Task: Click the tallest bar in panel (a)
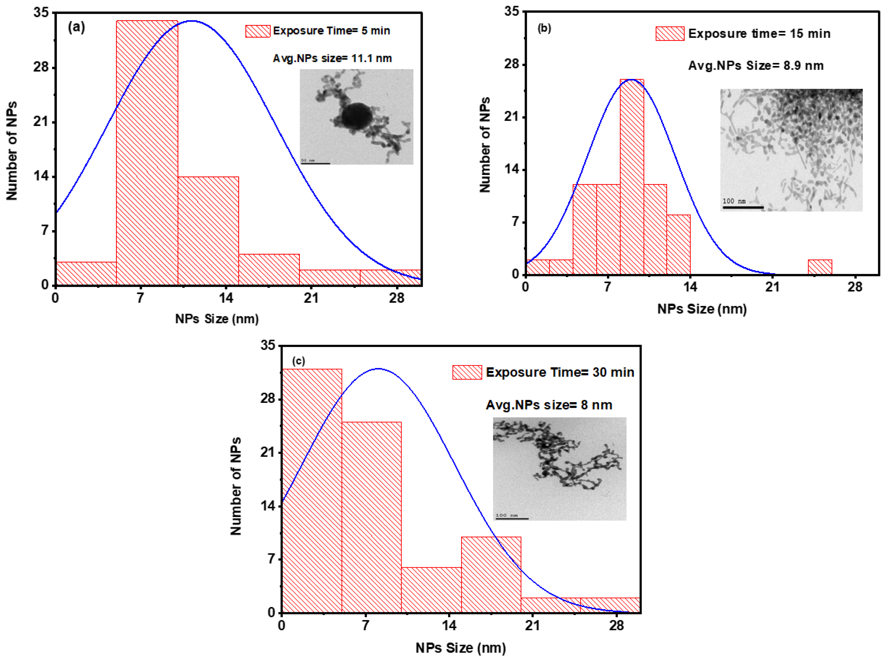[x=147, y=153]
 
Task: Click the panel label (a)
[x=76, y=28]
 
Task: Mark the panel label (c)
[x=299, y=361]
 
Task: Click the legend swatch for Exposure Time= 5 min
[x=258, y=31]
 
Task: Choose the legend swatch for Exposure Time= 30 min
[x=467, y=372]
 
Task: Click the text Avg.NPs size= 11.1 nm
[x=332, y=59]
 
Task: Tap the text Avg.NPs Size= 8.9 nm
[x=756, y=66]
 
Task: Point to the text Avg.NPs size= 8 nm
[x=549, y=405]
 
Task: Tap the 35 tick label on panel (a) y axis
[x=41, y=13]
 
